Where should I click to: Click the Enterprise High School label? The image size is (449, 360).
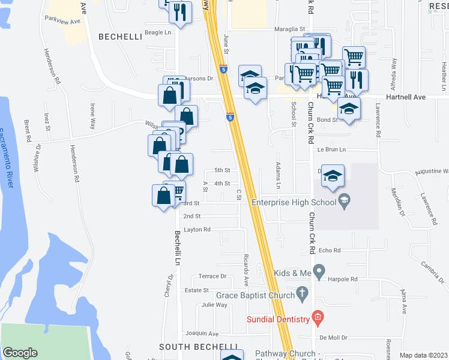point(294,202)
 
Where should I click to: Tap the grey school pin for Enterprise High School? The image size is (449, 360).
point(345,202)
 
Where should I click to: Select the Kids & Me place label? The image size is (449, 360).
point(293,274)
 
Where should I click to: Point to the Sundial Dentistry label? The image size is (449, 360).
point(278,319)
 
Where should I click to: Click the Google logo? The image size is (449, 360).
point(20,352)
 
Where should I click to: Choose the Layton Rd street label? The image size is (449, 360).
point(197,229)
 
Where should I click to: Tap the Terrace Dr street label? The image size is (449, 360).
point(212,277)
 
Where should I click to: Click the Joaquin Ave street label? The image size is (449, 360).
point(202,333)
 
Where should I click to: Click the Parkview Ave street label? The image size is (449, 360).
point(62,20)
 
